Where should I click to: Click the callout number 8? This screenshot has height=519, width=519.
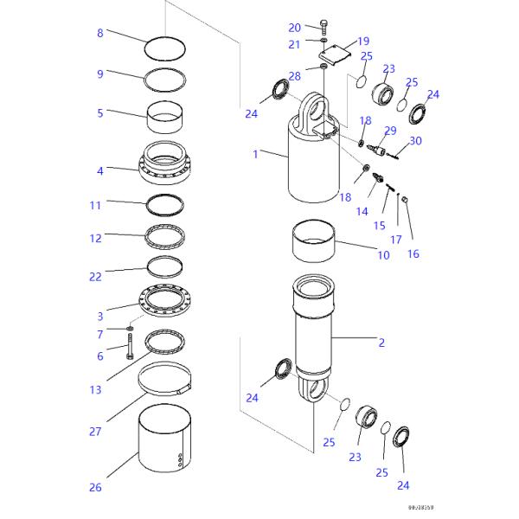[99, 34]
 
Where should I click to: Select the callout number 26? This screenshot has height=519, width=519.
[95, 488]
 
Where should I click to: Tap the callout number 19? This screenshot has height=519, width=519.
[362, 41]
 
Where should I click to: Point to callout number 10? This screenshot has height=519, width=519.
[383, 255]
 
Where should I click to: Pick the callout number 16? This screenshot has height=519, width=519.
[413, 255]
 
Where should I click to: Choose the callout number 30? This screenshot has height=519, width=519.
[416, 141]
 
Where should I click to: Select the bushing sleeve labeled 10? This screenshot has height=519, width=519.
[314, 242]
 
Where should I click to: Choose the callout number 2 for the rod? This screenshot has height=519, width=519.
[381, 343]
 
